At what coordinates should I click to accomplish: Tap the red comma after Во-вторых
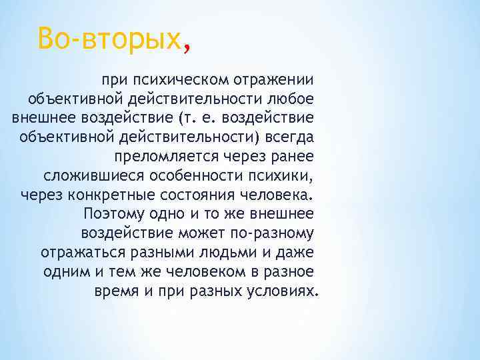pos(187,47)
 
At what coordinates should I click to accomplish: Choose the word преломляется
pos(174,157)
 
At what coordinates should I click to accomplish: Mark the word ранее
pos(296,157)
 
